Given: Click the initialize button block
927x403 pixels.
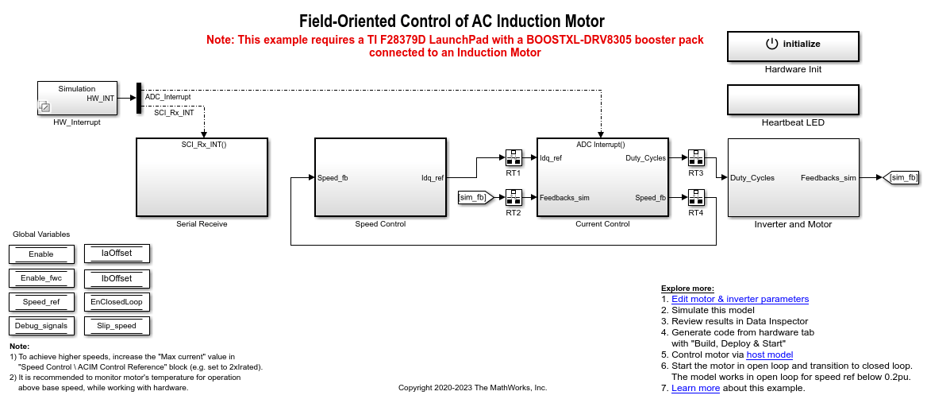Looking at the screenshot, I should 793,46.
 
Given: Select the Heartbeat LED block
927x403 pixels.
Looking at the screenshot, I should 793,99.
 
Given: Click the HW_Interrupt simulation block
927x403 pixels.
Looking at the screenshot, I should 77,98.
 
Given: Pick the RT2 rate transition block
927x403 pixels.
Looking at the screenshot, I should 514,197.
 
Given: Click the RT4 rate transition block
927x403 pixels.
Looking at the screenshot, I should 696,197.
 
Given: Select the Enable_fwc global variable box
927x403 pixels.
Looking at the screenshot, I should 41,278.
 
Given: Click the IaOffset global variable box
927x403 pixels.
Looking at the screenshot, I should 117,254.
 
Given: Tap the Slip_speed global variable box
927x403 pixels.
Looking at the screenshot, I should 117,325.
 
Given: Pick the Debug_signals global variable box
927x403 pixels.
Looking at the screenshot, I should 41,325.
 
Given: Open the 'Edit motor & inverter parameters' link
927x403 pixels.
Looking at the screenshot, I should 740,299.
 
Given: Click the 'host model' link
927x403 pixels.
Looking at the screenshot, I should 769,355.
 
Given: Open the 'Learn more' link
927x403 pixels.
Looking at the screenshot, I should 695,388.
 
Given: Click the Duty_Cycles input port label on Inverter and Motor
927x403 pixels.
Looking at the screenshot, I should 752,178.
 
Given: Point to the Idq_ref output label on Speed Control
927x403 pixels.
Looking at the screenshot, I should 433,178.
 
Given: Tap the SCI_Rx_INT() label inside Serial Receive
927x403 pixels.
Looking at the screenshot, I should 204,145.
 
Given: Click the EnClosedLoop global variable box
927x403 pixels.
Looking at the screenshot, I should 117,302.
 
